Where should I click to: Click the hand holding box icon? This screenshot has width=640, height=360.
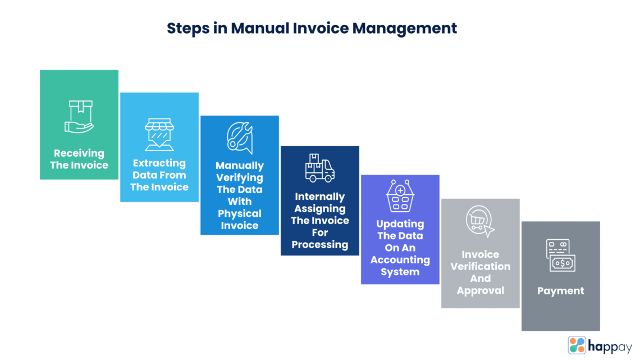pyautogui.click(x=79, y=116)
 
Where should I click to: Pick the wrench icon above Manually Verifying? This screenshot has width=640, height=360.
pyautogui.click(x=240, y=138)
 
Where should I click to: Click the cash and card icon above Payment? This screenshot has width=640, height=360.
pyautogui.click(x=560, y=256)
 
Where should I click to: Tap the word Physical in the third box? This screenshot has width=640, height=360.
pyautogui.click(x=240, y=213)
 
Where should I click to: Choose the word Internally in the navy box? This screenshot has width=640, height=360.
pyautogui.click(x=320, y=197)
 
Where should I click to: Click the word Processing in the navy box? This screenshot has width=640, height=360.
pyautogui.click(x=320, y=244)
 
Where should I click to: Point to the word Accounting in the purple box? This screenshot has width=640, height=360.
pyautogui.click(x=400, y=260)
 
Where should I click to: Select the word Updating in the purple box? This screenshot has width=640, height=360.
pyautogui.click(x=400, y=224)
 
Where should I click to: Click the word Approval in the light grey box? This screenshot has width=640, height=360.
pyautogui.click(x=481, y=290)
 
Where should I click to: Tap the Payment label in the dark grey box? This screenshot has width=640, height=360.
pyautogui.click(x=560, y=291)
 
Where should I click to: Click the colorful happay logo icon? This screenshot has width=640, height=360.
pyautogui.click(x=577, y=345)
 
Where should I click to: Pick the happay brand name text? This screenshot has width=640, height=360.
pyautogui.click(x=610, y=346)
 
